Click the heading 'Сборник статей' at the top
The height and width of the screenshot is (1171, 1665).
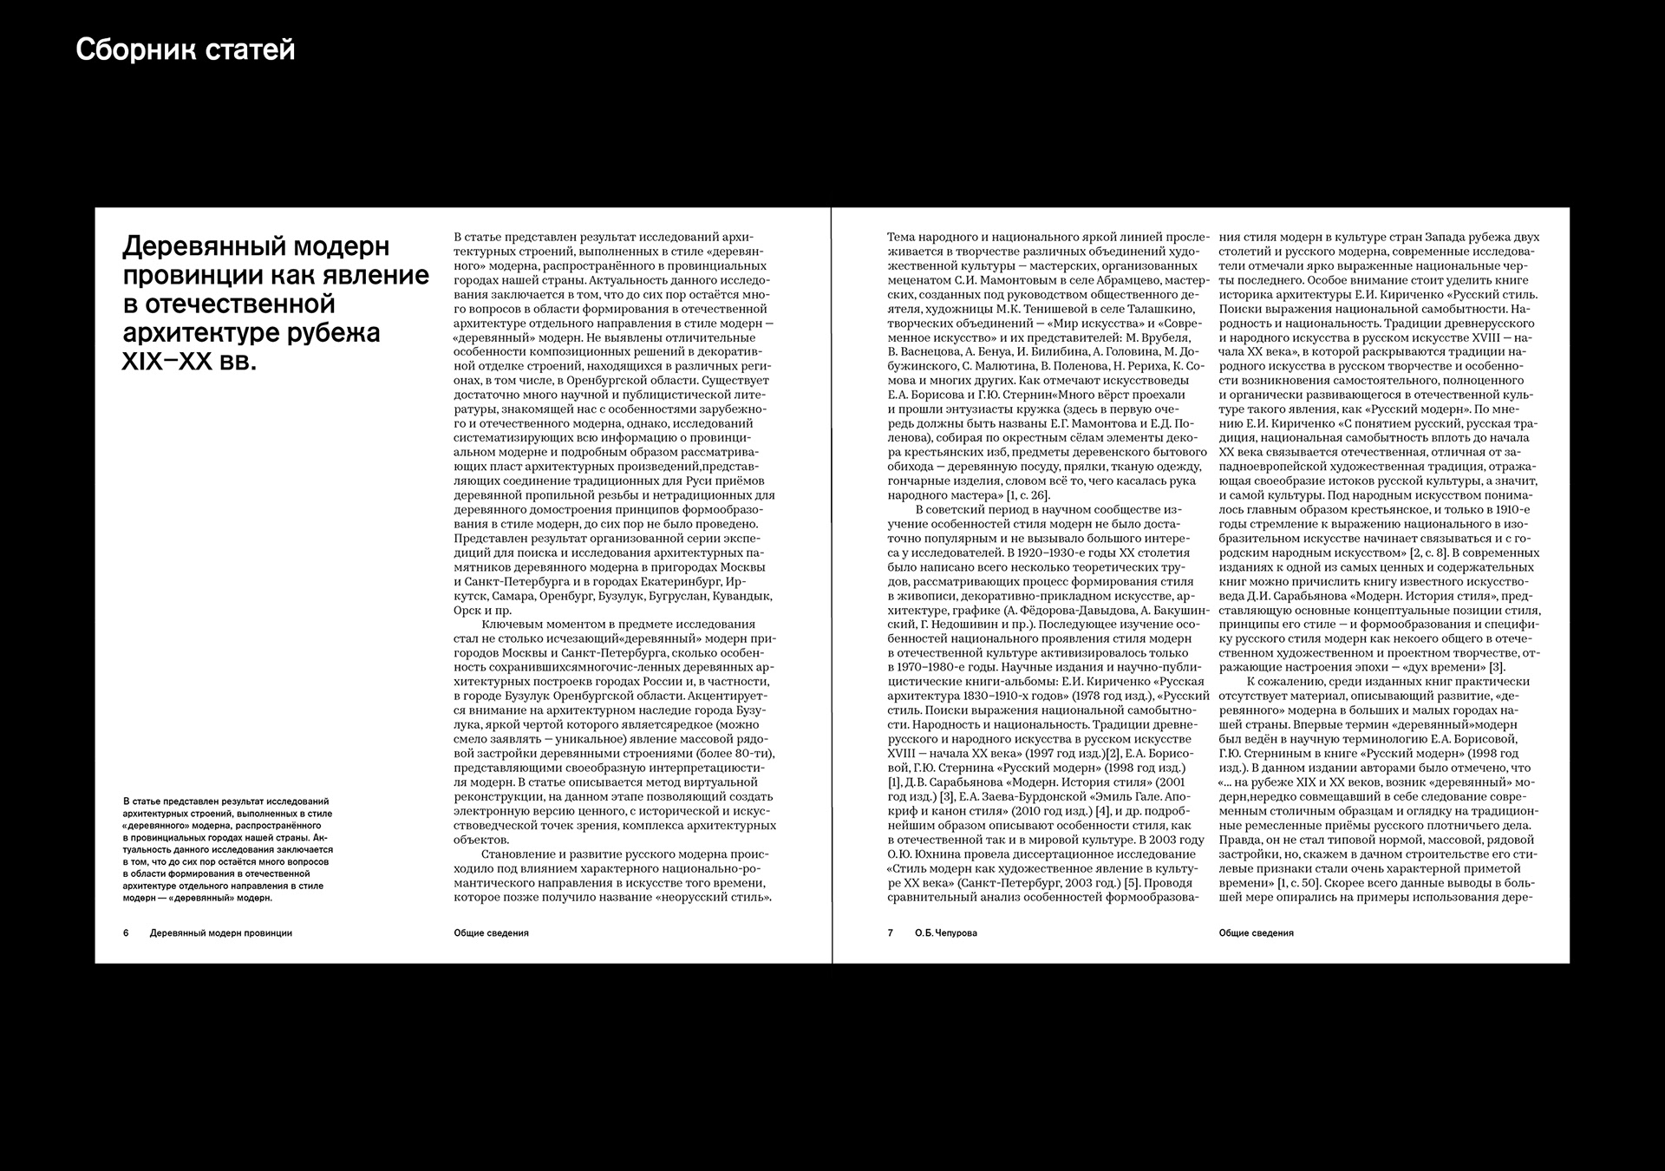click(x=185, y=50)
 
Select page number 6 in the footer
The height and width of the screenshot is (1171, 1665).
click(x=126, y=933)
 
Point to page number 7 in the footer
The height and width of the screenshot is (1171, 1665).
click(x=890, y=933)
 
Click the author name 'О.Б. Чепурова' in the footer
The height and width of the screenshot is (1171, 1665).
click(x=945, y=933)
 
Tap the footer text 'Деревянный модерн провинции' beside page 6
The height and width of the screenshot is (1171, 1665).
click(x=220, y=933)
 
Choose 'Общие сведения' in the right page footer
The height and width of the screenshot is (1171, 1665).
click(x=1256, y=933)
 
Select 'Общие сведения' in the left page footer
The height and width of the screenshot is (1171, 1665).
click(x=491, y=933)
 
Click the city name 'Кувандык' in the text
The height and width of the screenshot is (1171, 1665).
click(x=745, y=597)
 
